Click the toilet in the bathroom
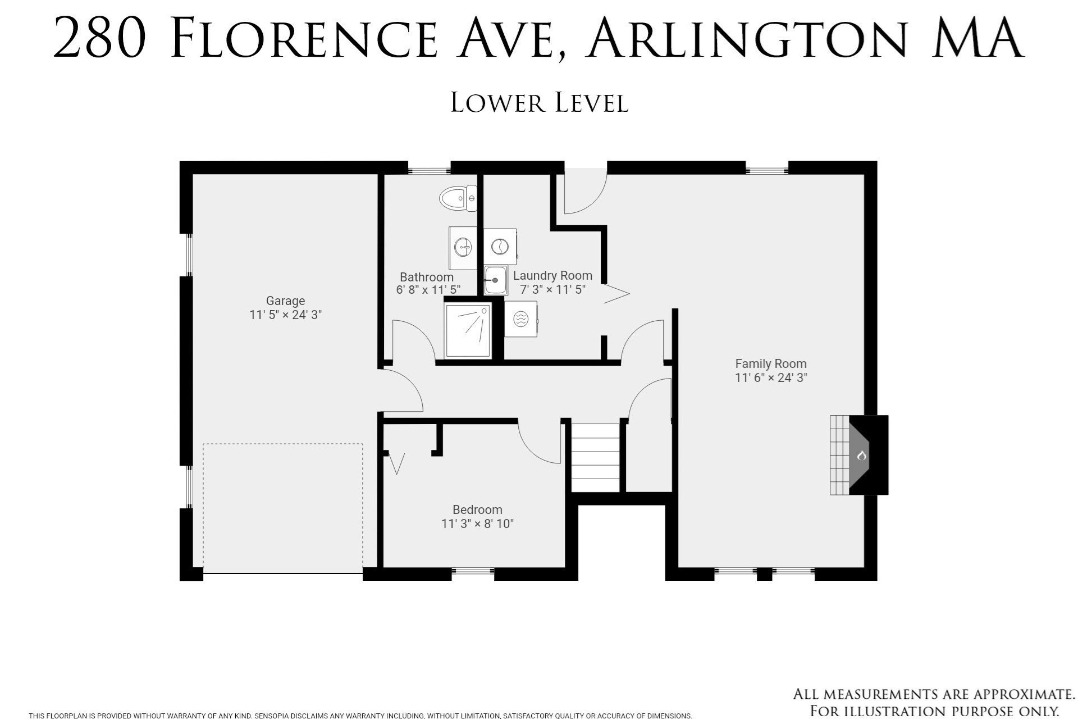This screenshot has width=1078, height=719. point(458,198)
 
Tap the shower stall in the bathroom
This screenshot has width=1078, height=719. point(468,331)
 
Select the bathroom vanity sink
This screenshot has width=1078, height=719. point(463,248)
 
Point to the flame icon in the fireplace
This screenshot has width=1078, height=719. point(862,455)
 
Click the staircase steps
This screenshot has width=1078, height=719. point(595,457)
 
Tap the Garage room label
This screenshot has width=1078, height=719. point(285,301)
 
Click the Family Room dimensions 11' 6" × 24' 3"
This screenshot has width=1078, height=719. point(771,377)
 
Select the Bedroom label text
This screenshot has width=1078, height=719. point(477,509)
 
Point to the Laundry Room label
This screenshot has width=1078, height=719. point(552,276)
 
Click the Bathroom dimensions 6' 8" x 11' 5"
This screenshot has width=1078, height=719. point(428,290)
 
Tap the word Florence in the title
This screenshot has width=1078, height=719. point(304,38)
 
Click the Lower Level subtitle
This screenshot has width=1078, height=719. point(539,103)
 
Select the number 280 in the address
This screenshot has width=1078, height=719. point(100,38)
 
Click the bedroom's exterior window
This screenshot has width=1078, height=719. point(473,573)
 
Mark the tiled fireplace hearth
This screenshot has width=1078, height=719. point(840,455)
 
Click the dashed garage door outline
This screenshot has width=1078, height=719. point(282,508)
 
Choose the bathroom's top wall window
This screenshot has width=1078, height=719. point(429,168)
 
